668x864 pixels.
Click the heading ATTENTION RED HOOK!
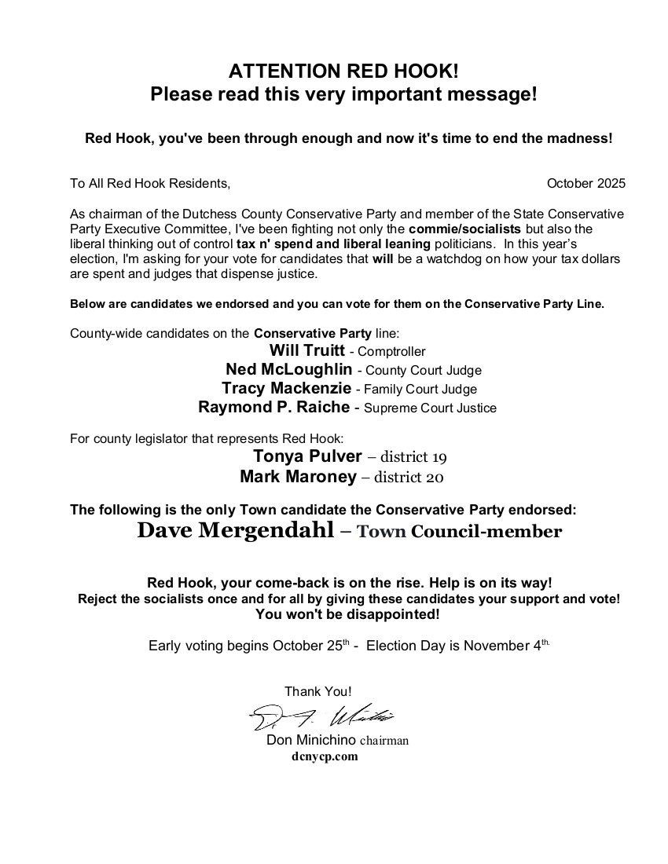coord(343,71)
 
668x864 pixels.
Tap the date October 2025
coord(585,184)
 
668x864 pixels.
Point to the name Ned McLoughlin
coord(288,370)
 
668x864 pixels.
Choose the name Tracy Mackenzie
coord(287,389)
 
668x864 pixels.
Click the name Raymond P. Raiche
coord(274,408)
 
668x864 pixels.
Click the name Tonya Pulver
coord(307,457)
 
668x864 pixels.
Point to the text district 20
coord(413,477)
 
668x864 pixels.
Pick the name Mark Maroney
coord(299,476)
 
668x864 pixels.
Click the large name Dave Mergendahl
coord(234,531)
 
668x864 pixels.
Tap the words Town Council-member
coord(459,532)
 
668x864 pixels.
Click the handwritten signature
coord(322,717)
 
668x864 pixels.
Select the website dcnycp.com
coord(325,756)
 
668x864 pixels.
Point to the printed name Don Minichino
coord(311,740)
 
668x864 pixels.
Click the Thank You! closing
coord(318,691)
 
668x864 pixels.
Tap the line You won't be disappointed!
coord(347,613)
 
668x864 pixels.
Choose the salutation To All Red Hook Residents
coord(150,184)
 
